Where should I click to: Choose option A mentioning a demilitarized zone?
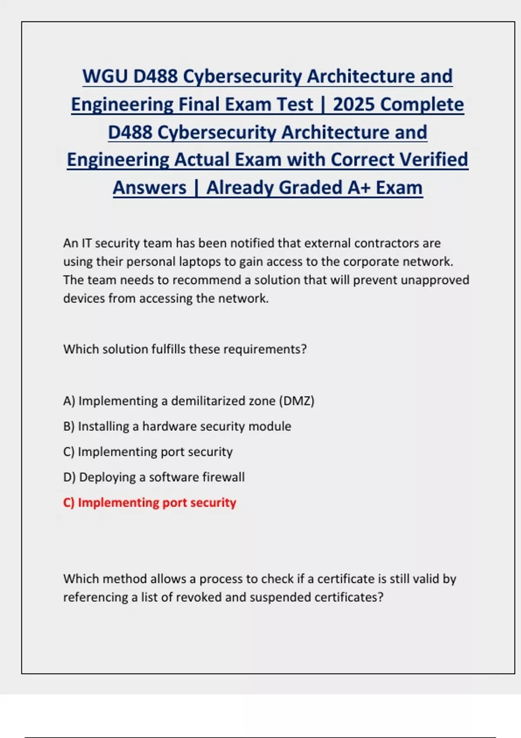coord(188,401)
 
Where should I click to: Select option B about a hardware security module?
coord(177,426)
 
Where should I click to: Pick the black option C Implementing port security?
coord(148,452)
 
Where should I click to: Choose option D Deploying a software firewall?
coord(154,477)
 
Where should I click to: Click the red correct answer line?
coord(149,503)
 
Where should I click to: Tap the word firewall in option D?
coord(224,477)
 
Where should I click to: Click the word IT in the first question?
coord(87,243)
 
